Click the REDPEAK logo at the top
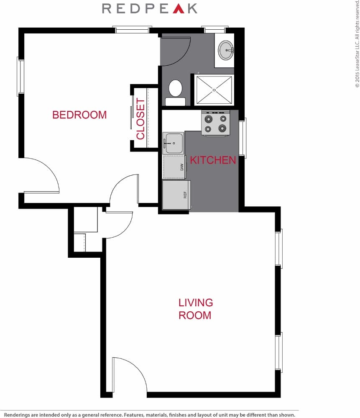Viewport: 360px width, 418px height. tap(150, 8)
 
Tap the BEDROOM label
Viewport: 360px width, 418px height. tap(79, 115)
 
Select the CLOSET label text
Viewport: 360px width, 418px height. tap(140, 119)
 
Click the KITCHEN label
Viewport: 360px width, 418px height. tap(213, 160)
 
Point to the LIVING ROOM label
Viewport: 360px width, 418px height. tap(196, 308)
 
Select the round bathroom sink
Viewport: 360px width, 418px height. tap(226, 50)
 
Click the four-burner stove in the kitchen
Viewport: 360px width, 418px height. tap(216, 123)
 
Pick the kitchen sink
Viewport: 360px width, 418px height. tap(173, 143)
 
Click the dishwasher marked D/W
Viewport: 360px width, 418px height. tap(175, 167)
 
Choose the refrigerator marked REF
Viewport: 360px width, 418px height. tap(176, 195)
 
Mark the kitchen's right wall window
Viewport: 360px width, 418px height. tap(242, 138)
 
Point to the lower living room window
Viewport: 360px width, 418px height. tap(278, 352)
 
